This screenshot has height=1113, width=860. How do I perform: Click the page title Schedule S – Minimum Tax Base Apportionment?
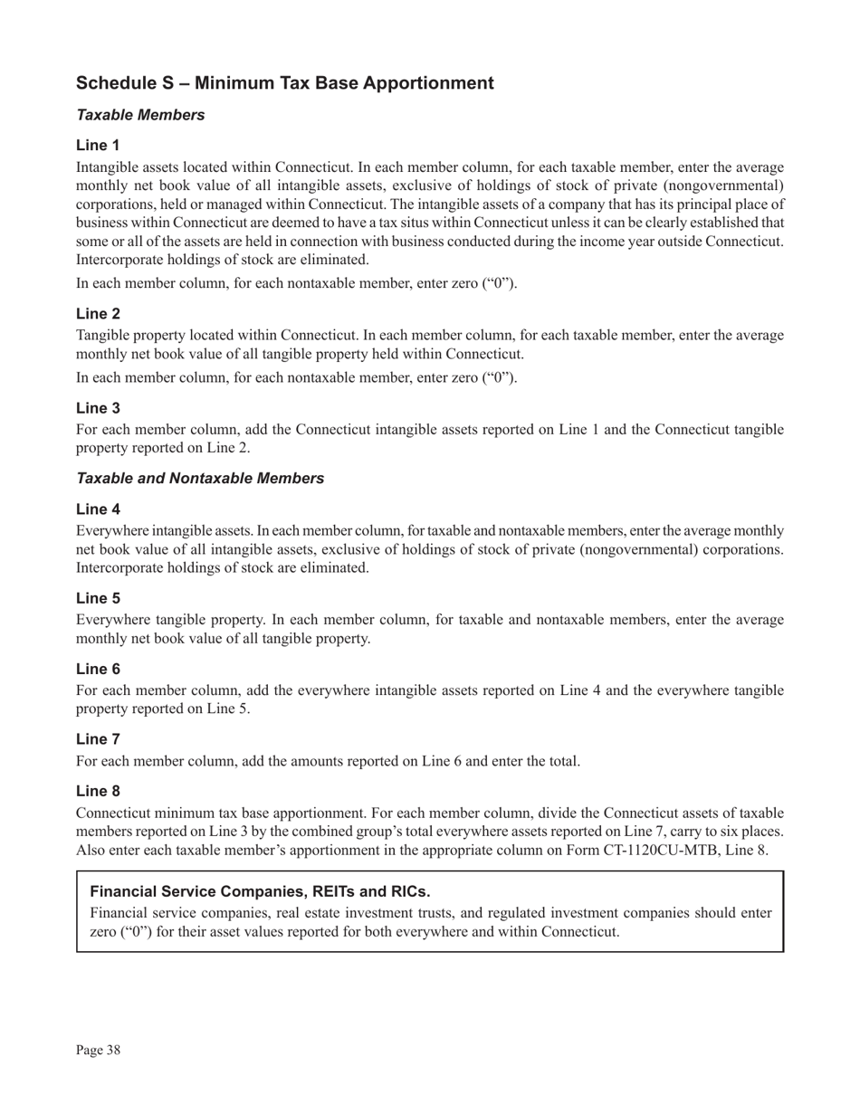pos(284,83)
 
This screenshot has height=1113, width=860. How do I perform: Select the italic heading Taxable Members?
pos(140,115)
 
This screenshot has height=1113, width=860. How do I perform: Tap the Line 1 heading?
pos(98,145)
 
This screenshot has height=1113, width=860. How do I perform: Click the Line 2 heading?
pos(98,313)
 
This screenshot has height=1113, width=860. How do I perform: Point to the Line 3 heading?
pos(98,408)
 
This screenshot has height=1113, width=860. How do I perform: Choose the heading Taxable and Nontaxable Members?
pos(200,479)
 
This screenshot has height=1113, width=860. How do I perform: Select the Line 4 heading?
pos(98,509)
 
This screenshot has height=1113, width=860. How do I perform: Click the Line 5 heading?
pos(98,598)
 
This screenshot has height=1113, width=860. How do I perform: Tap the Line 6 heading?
pos(98,669)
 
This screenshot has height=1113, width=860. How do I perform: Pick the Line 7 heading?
pos(98,739)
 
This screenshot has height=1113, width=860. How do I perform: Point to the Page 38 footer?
pos(99,1050)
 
